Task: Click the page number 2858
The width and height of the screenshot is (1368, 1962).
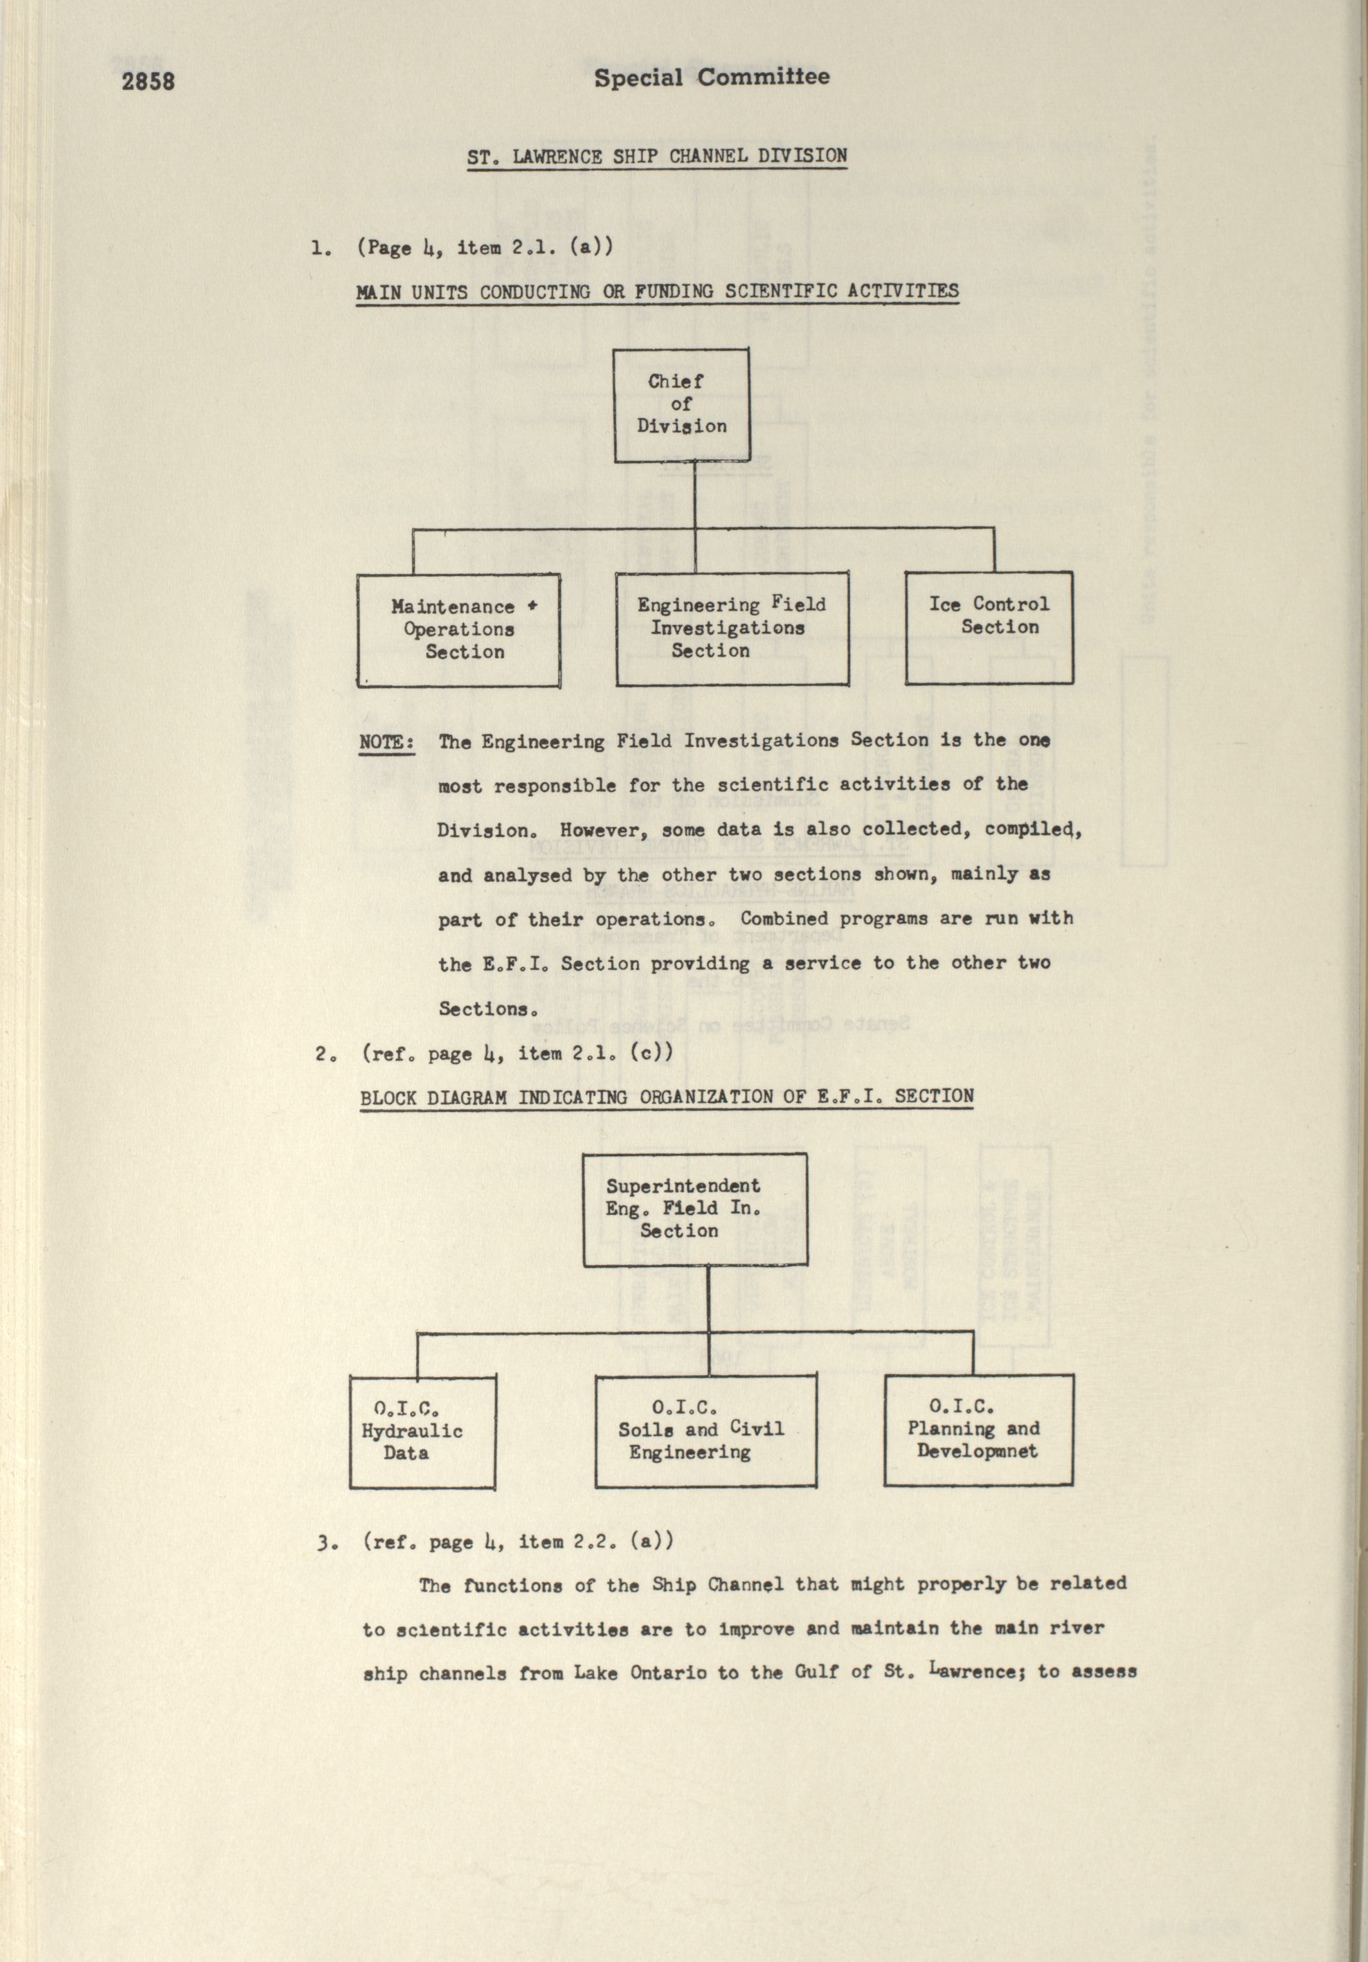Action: (148, 82)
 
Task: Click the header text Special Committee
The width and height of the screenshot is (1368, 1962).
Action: (711, 78)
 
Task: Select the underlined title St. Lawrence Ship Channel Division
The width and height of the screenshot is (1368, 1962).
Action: (656, 157)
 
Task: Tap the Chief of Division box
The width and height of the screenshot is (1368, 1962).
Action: (682, 404)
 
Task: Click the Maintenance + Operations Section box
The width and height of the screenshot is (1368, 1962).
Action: (459, 630)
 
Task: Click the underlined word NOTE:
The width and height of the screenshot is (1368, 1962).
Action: (386, 741)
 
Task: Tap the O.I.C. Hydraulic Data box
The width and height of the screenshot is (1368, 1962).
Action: (422, 1430)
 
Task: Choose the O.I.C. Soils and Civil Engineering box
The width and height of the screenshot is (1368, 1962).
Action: (705, 1430)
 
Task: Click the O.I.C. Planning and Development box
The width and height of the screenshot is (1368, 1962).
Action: (978, 1429)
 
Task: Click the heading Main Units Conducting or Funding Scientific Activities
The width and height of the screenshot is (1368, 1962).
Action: (657, 292)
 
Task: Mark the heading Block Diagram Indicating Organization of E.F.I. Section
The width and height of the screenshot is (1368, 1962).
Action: (667, 1097)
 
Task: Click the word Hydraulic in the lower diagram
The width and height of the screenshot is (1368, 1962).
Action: (412, 1431)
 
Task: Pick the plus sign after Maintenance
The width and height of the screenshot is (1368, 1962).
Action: (532, 606)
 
